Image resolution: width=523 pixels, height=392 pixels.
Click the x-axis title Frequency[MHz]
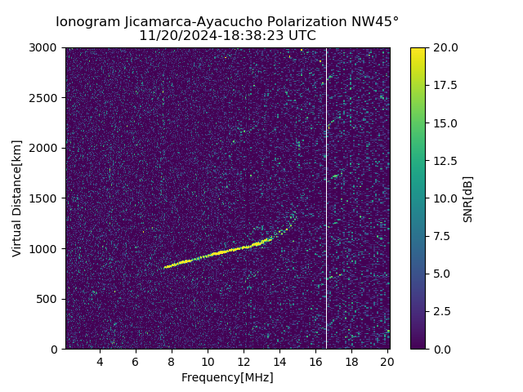[227, 377]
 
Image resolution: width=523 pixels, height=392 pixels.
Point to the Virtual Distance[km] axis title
[17, 198]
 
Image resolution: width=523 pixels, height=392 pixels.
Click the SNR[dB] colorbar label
[468, 198]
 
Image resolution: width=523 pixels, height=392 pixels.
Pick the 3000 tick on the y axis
[46, 47]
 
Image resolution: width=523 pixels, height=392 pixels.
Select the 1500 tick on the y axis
[46, 198]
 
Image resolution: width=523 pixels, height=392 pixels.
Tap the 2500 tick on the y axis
[46, 98]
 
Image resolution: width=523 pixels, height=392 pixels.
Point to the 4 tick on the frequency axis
[100, 362]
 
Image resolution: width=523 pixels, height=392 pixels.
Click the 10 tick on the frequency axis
[208, 362]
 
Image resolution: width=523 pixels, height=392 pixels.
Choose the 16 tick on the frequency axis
[315, 362]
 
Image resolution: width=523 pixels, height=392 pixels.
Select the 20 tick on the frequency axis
[387, 362]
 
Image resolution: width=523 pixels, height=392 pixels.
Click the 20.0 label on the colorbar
[446, 47]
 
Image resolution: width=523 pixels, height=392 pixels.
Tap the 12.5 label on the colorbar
[446, 160]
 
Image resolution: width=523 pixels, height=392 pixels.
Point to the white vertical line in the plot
[326, 196]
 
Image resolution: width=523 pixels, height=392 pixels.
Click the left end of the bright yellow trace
[165, 267]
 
